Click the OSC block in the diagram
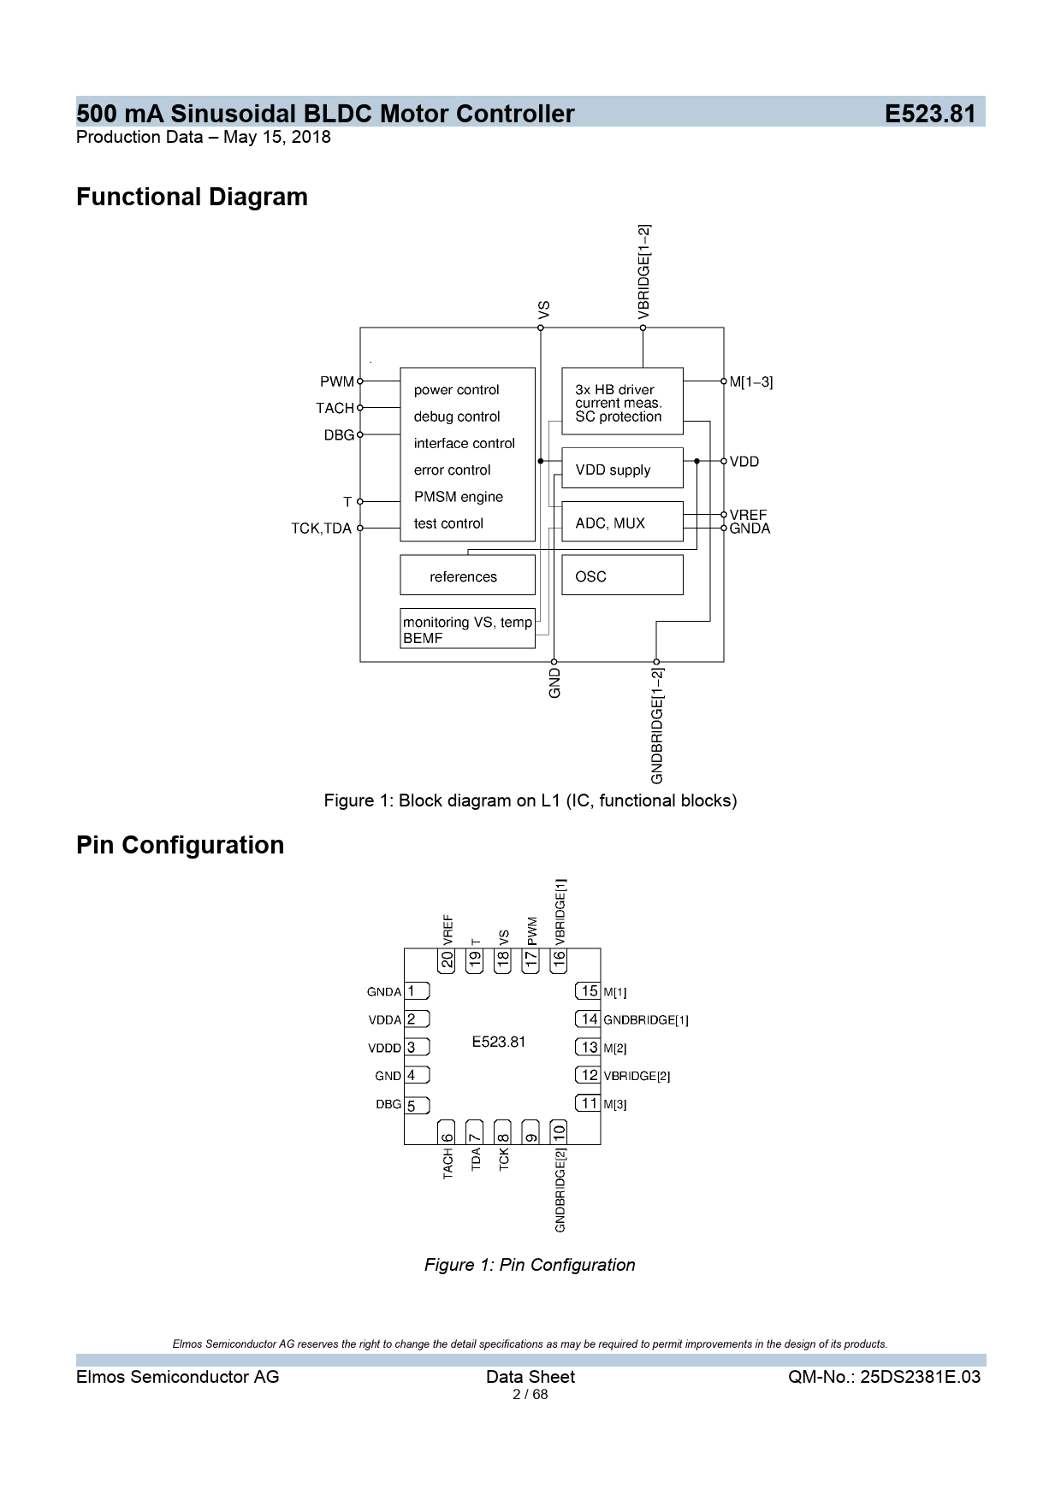click(622, 576)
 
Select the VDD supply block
click(622, 469)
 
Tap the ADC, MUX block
click(622, 523)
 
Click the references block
click(467, 576)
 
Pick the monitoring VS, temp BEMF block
click(467, 629)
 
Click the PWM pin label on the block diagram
click(336, 381)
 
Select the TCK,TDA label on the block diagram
click(321, 529)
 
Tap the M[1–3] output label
click(751, 382)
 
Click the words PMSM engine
click(459, 497)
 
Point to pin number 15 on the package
click(589, 991)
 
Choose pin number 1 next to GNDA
click(412, 991)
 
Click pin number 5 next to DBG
click(412, 1106)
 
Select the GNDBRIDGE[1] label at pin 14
click(646, 1020)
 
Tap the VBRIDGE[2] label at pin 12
click(637, 1077)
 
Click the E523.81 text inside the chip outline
click(499, 1042)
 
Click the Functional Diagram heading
click(192, 197)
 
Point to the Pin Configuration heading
click(180, 845)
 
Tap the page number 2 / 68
click(530, 1395)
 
